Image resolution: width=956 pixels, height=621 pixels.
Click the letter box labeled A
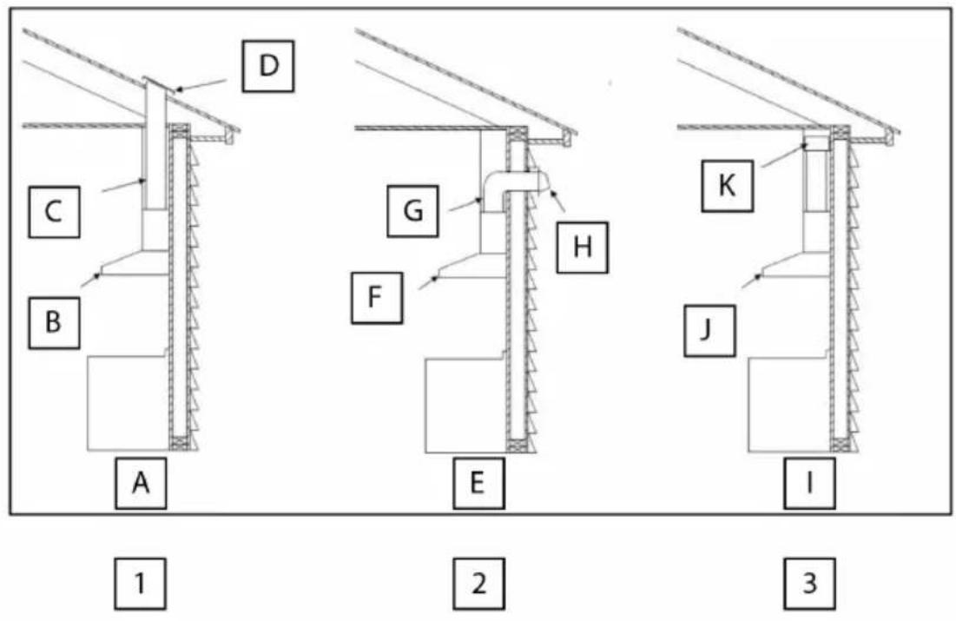coord(141,483)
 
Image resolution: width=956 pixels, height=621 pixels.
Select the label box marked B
coord(54,323)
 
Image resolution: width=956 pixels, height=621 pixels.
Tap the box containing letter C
coord(54,212)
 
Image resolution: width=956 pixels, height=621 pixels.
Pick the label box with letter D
coord(268,67)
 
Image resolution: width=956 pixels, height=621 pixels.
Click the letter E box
coord(478,483)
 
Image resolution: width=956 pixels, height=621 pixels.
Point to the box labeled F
coord(377,298)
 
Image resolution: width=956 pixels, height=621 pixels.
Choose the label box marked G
coord(412,211)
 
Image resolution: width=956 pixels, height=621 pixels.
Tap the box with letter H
coord(583,248)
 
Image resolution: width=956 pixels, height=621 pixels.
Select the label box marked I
coord(809,483)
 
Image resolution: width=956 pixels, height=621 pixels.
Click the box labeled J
coord(709,331)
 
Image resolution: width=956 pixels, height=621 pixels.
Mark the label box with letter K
coord(727,186)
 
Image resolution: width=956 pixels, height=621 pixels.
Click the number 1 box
coord(140,583)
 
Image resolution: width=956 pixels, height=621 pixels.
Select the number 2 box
coord(478,583)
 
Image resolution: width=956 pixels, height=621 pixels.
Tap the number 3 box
coord(809,583)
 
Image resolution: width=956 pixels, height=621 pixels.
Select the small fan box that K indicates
coord(816,142)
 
